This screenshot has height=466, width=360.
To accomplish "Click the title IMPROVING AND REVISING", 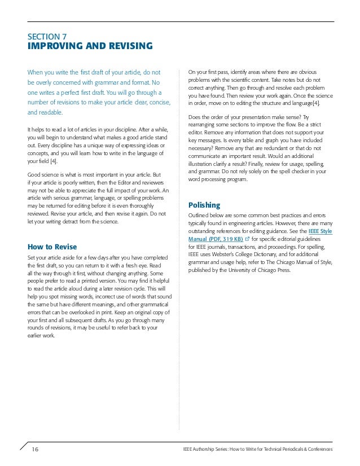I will coord(90,46).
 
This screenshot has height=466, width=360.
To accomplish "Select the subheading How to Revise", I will coord(52,247).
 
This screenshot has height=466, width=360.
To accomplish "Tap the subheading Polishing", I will coord(204,205).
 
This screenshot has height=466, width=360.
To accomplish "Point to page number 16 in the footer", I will coord(35,449).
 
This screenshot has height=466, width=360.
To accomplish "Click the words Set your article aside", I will coord(51,257).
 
